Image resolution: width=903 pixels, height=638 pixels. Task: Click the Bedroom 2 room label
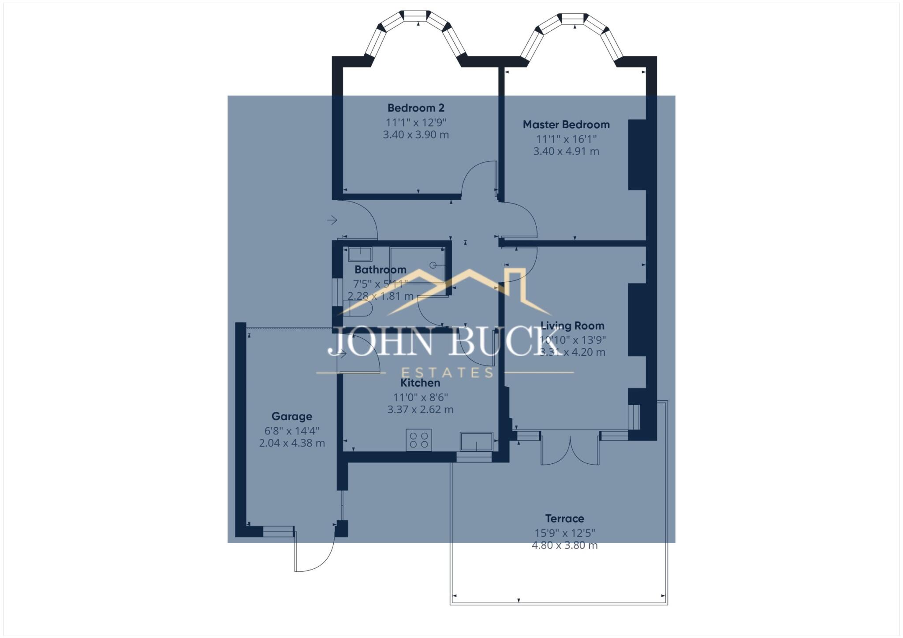tap(416, 108)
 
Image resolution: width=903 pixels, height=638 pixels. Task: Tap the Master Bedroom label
tap(566, 125)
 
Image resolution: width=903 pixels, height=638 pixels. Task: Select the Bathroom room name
tap(380, 269)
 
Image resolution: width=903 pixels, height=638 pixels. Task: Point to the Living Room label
tap(572, 326)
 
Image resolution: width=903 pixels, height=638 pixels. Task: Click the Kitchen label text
tap(420, 383)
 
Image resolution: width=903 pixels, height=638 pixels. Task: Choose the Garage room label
tap(291, 416)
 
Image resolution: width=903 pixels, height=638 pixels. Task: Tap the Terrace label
tap(564, 519)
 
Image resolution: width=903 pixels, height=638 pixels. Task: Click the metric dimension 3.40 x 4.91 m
tap(566, 151)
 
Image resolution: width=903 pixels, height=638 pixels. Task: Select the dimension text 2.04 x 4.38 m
tap(292, 443)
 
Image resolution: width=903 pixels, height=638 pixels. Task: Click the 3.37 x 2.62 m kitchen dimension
tap(420, 410)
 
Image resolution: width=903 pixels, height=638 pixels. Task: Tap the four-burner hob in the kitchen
tap(419, 440)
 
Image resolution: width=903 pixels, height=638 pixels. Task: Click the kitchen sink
tap(476, 441)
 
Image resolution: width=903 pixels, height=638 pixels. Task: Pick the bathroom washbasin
tap(360, 254)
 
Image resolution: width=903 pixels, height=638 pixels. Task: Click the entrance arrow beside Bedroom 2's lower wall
tap(332, 220)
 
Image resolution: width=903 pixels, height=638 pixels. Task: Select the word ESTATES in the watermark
tap(447, 373)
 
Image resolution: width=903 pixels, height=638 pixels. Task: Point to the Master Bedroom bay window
tap(572, 33)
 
